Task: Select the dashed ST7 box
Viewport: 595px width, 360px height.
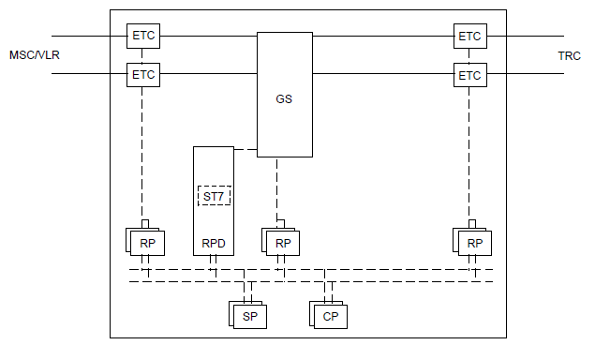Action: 215,196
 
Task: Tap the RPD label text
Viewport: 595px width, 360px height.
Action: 214,244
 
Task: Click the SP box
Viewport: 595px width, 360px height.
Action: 250,317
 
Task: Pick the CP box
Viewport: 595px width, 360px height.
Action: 330,317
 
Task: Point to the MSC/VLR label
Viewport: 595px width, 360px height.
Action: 34,55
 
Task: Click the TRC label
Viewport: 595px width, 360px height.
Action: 569,55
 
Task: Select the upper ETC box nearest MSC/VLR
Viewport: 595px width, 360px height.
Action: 143,37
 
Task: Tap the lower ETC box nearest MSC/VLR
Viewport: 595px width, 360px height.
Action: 143,73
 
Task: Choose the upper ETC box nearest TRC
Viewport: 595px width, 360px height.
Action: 469,37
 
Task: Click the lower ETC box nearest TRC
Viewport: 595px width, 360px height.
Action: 469,73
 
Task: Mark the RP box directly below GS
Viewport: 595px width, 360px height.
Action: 280,243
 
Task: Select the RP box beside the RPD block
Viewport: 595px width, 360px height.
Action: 147,243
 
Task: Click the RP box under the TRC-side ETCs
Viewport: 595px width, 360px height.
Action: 474,243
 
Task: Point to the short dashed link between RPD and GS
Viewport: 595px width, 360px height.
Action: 245,149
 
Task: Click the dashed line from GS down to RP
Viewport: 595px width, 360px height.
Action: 276,187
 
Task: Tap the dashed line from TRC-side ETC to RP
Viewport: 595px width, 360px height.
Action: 469,150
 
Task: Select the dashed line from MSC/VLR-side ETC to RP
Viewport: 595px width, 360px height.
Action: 143,150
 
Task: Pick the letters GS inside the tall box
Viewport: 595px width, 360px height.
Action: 284,98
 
